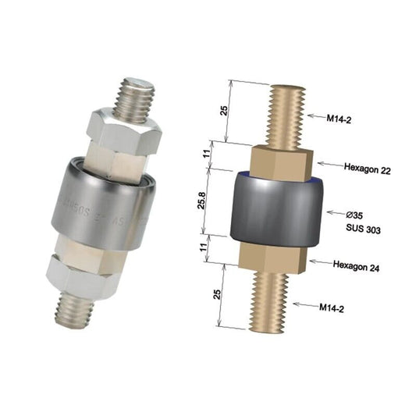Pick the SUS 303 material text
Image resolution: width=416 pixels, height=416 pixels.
pos(361,227)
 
